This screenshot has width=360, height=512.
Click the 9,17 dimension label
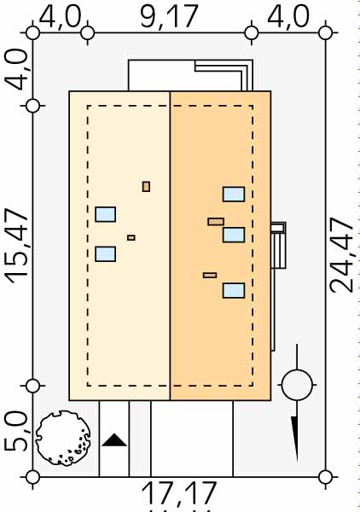tap(169, 17)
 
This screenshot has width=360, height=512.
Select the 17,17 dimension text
tap(179, 493)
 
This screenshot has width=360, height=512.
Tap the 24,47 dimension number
tap(342, 255)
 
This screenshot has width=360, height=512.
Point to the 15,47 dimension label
tap(17, 246)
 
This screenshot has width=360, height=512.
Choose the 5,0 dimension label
tap(17, 431)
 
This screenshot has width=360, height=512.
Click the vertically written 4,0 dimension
tap(17, 70)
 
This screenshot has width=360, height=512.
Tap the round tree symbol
tap(62, 438)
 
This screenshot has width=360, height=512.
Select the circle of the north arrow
tap(297, 386)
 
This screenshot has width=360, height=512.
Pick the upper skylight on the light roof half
tap(106, 214)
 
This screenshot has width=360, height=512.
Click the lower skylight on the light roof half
tap(106, 254)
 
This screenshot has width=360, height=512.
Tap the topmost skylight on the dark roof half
tap(234, 195)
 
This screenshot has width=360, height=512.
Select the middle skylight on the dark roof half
tap(234, 235)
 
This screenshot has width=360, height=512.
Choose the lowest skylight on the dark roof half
tap(234, 291)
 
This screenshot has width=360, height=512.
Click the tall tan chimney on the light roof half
tap(146, 187)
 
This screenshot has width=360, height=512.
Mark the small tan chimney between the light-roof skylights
tap(131, 238)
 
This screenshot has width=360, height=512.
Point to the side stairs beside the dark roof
tap(278, 246)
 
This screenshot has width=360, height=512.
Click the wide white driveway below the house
tap(192, 439)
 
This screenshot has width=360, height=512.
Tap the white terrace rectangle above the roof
tap(161, 76)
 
